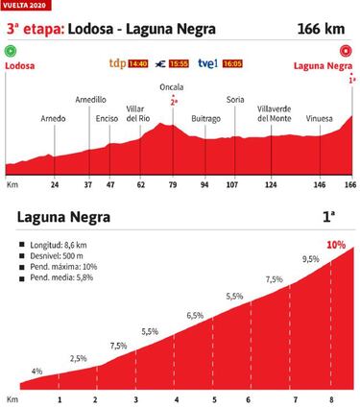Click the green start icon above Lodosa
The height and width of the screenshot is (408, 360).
(x=11, y=55)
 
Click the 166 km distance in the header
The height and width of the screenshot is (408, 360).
(x=326, y=28)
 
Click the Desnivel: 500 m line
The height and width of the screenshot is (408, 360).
(x=56, y=256)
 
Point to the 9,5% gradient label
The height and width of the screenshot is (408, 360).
(x=309, y=259)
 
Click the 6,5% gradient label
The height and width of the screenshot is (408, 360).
(x=196, y=315)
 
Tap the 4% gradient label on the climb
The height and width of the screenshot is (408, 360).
(x=36, y=371)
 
